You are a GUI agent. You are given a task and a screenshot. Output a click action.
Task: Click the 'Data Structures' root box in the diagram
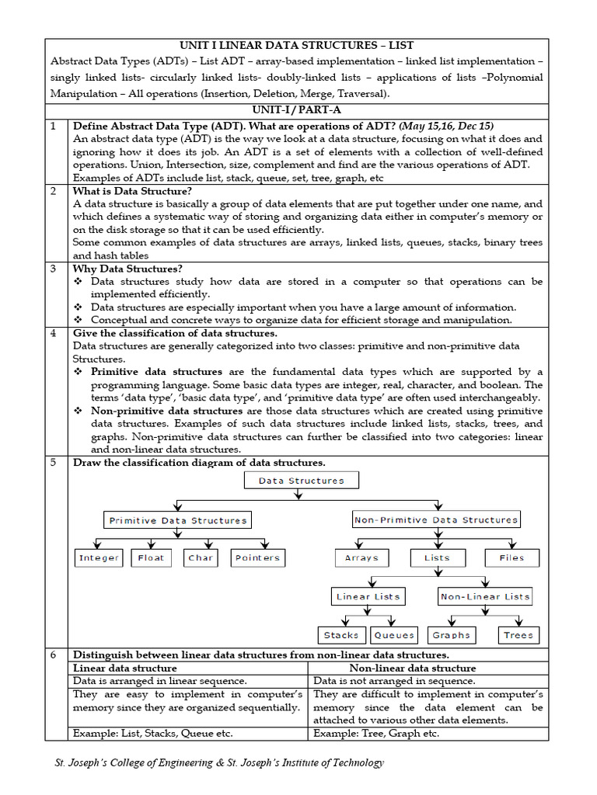(301, 481)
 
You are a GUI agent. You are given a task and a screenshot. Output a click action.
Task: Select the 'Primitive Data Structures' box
(178, 520)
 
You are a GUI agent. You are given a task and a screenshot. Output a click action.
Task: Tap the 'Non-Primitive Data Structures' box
(435, 519)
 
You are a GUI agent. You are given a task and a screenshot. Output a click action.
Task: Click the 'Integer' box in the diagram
(99, 557)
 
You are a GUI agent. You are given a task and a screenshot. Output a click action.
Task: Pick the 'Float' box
(151, 557)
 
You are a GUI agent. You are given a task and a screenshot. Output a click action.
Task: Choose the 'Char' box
(201, 557)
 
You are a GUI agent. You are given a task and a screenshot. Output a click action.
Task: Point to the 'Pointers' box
(257, 557)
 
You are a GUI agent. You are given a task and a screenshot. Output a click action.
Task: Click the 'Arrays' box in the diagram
(361, 557)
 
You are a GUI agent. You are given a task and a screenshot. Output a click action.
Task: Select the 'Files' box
(511, 557)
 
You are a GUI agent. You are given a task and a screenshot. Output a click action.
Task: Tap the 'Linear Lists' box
(368, 596)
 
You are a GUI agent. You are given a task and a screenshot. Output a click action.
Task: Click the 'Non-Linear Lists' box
(485, 596)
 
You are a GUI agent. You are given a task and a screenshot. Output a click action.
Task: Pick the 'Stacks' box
(341, 635)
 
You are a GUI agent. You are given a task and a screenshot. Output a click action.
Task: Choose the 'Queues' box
(394, 635)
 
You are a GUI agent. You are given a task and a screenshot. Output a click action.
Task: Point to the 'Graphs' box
(452, 635)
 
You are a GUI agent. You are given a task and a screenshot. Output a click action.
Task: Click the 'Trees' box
(518, 635)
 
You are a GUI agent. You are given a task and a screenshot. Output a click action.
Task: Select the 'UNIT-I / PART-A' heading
(298, 110)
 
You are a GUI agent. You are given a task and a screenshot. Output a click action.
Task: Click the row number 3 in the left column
(54, 269)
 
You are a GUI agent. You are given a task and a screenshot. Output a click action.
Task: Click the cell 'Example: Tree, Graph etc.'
(376, 733)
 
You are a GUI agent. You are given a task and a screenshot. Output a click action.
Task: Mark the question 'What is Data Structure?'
(132, 191)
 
